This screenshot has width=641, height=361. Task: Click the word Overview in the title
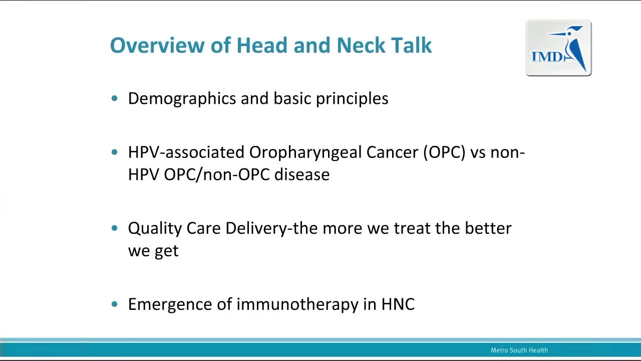coord(157,45)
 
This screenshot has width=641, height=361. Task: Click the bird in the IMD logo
coord(571,48)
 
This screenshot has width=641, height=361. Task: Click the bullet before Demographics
coord(115,99)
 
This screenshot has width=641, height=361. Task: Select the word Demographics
coord(182,99)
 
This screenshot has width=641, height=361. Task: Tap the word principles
coord(352,99)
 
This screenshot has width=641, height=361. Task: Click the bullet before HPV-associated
coord(115,152)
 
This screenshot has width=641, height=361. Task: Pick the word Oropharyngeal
coord(305,152)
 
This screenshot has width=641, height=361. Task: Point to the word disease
coord(302,174)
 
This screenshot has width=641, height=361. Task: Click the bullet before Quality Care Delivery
coord(115,228)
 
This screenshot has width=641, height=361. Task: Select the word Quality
coord(155,229)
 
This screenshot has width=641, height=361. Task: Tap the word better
coord(488,228)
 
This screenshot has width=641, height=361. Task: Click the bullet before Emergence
coord(115,304)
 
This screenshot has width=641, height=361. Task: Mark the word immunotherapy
coord(297,304)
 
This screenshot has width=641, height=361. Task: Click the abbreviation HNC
coord(398,304)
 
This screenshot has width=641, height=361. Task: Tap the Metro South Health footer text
coord(519,350)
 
